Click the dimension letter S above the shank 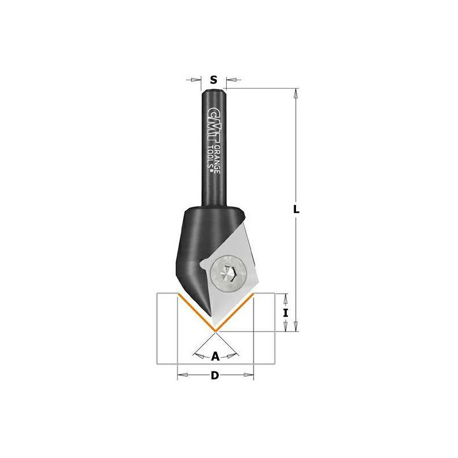tap(214, 80)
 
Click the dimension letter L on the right tap(296, 209)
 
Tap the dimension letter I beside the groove tap(286, 313)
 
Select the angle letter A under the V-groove tap(215, 356)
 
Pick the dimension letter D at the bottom tap(215, 376)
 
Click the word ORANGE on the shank tap(217, 160)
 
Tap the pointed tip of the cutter tap(215, 331)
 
